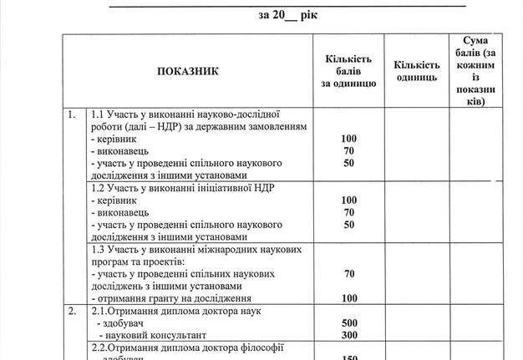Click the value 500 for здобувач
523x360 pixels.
349,322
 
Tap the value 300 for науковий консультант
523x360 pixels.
349,334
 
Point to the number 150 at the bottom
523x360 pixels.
349,357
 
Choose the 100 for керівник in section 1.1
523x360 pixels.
349,138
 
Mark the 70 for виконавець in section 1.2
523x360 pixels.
349,213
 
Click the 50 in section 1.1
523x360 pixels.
349,163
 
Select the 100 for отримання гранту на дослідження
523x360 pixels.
349,298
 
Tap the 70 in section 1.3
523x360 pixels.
349,273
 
